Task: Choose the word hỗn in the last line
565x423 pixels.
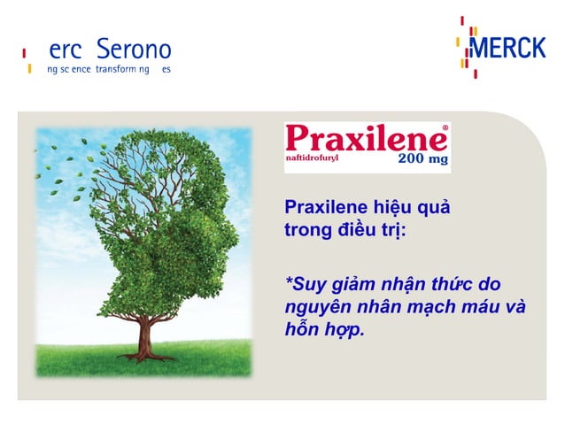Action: [300, 330]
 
